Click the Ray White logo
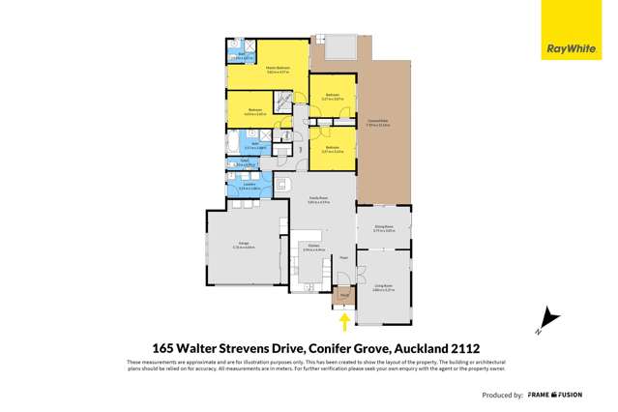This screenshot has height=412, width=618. pos(571,47)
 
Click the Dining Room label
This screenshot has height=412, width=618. pos(383,228)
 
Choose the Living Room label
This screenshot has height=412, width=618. pos(383,287)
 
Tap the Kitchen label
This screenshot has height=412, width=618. pos(313,249)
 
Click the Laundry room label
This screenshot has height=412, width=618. pos(241,187)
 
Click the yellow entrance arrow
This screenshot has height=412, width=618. pos(343,321)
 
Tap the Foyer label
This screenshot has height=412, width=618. pos(343,258)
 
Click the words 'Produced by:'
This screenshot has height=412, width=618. pos(503,395)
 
